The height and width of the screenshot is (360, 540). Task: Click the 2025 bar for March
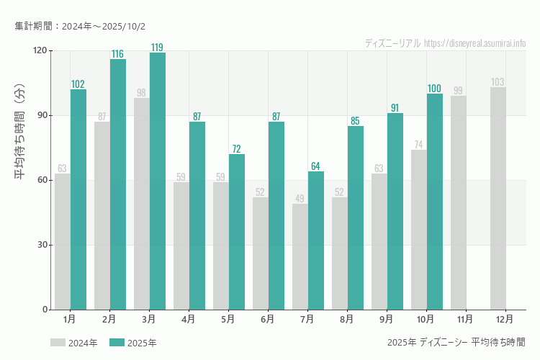[158, 181]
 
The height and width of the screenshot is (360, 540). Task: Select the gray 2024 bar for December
[498, 199]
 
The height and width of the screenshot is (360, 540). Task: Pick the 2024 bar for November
[458, 203]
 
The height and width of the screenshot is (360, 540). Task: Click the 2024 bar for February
[102, 216]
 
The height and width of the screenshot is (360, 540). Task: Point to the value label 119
[157, 48]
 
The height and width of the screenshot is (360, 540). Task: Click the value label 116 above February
[117, 54]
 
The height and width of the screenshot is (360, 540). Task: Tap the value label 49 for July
[300, 199]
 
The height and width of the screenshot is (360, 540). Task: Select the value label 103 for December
[498, 82]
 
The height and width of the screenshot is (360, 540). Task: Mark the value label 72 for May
[236, 149]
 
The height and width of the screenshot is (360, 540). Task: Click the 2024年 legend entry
[74, 343]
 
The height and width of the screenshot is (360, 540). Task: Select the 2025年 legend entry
[133, 343]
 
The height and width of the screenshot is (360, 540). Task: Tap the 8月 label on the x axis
[346, 318]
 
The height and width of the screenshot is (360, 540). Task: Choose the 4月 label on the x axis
[188, 318]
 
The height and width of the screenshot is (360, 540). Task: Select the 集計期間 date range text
[80, 27]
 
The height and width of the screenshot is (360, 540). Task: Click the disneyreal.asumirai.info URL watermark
[474, 43]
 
